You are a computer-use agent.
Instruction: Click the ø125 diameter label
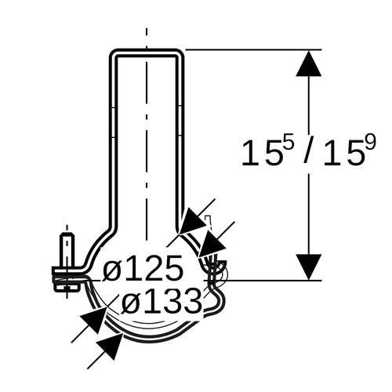point(143,268)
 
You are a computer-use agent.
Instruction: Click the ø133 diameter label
point(162,300)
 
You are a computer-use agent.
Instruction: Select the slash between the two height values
point(308,153)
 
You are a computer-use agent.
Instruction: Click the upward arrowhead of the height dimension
point(309,64)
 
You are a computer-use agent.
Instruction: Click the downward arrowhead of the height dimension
point(309,267)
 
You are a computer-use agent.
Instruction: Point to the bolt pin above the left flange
point(67,250)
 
